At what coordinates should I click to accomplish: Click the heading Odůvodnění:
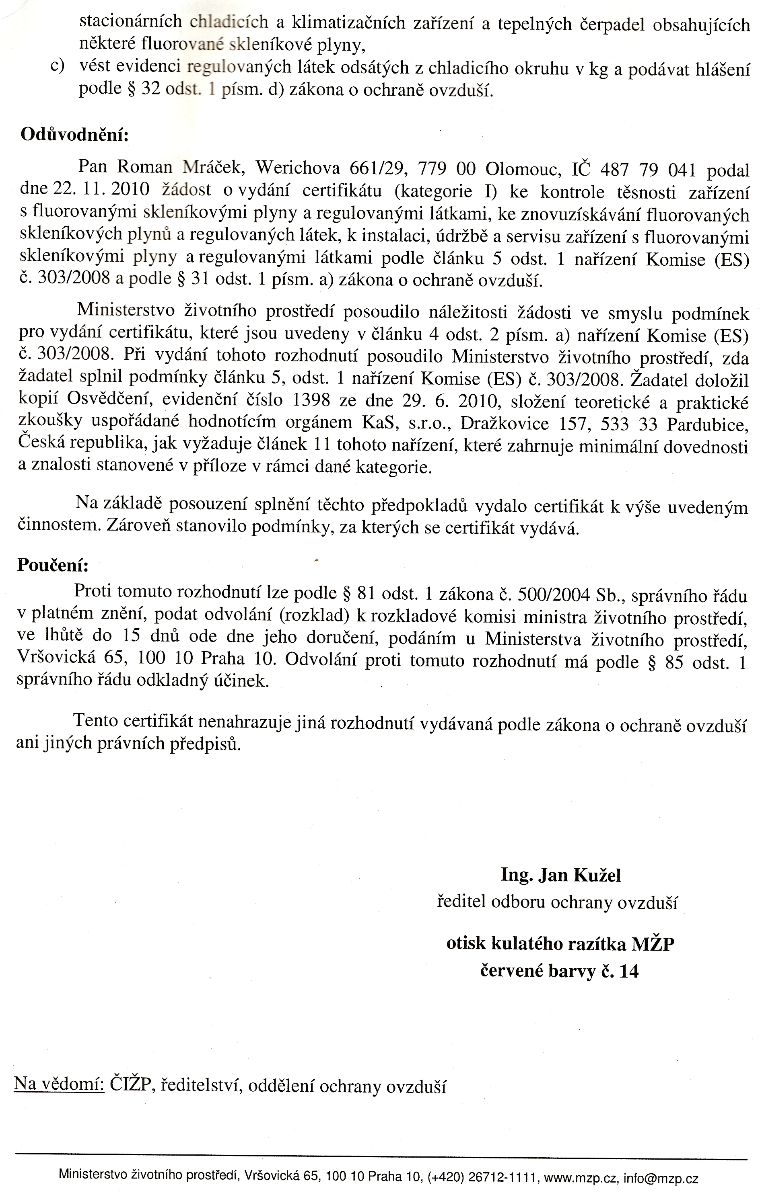[74, 135]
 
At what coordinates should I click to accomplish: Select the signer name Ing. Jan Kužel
[561, 875]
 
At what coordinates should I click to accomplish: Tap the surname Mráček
[213, 168]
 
